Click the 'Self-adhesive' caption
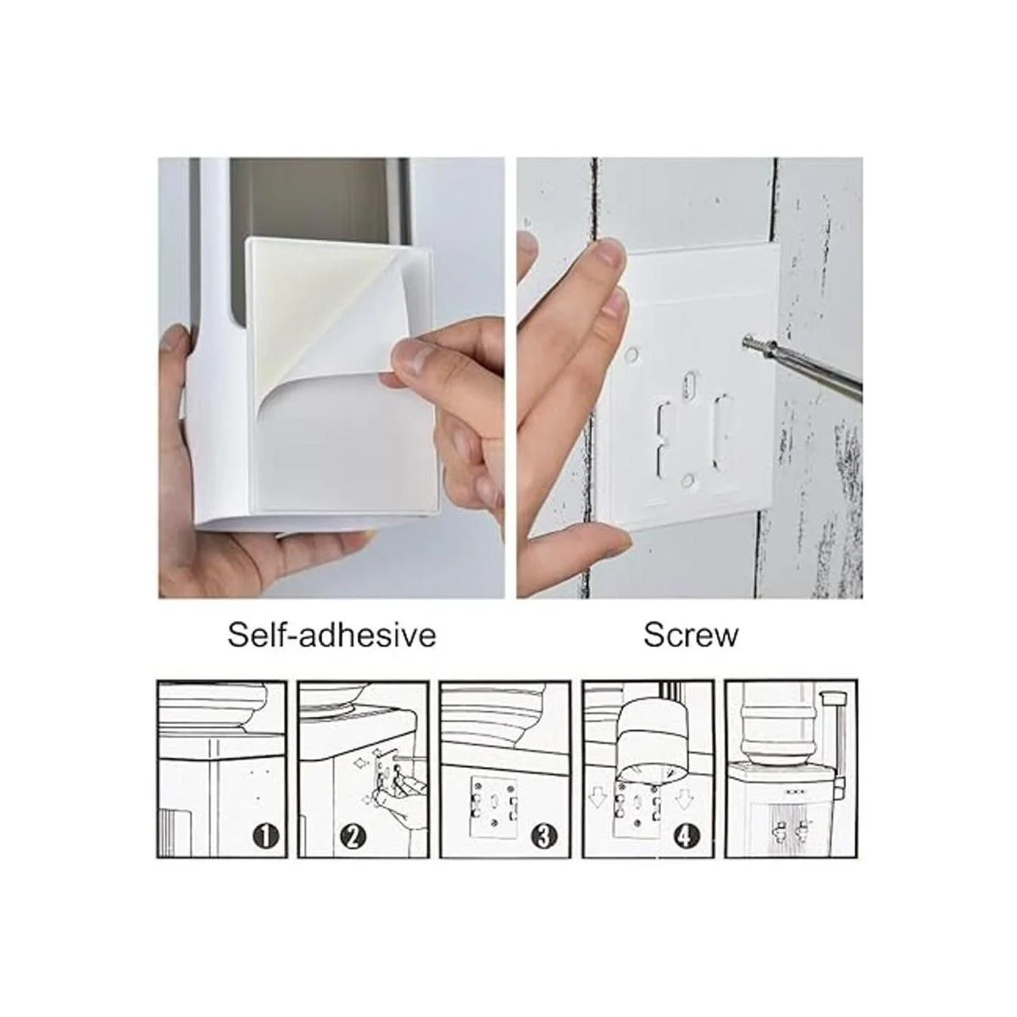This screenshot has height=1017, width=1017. click(331, 635)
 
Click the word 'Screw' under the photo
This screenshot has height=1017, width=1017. click(691, 636)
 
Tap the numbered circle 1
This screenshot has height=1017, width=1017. click(268, 836)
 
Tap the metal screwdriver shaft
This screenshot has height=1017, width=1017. click(814, 370)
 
